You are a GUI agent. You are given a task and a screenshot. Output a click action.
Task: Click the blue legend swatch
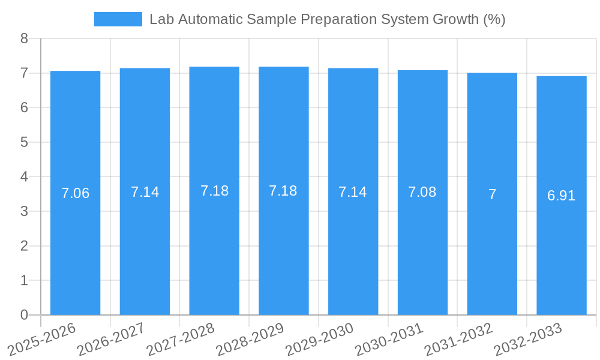[118, 19]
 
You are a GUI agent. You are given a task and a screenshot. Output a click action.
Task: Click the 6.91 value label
[561, 196]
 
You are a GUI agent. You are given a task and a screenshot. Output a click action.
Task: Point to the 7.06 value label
[76, 193]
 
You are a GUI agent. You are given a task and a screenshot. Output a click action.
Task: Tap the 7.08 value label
[422, 192]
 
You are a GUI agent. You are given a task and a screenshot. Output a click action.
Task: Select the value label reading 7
[492, 194]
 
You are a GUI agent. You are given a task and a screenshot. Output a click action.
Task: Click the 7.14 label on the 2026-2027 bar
[145, 192]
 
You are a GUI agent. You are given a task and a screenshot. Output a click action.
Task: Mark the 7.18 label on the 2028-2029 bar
[283, 191]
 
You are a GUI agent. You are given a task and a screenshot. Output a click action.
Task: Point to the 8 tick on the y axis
[24, 38]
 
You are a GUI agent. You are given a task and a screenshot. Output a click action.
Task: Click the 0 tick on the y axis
[24, 315]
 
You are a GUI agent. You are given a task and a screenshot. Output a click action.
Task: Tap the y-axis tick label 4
[24, 177]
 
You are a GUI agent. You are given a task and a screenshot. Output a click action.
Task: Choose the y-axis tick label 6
[24, 108]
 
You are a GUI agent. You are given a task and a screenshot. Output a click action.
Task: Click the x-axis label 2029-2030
[320, 338]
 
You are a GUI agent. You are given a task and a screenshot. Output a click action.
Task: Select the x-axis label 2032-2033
[528, 338]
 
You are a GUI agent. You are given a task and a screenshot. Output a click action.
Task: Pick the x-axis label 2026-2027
[112, 338]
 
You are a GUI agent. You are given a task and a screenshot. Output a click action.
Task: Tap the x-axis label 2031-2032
[458, 338]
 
